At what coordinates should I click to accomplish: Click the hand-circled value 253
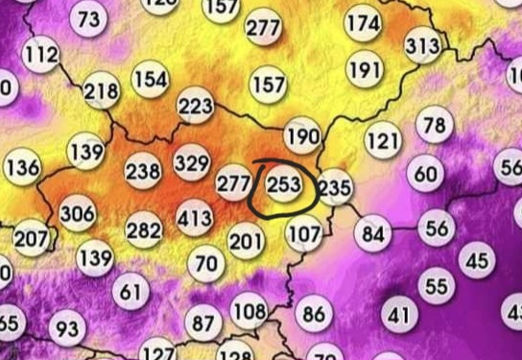click(x=283, y=183)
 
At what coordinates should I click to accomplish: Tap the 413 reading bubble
click(x=195, y=218)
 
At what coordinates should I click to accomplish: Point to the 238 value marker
click(x=143, y=171)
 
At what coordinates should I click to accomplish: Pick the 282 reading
click(x=144, y=230)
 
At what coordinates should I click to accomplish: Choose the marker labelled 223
click(x=196, y=105)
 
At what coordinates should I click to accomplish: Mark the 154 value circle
click(x=150, y=79)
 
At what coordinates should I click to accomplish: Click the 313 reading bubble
click(x=422, y=45)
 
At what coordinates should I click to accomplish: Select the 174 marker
click(x=362, y=22)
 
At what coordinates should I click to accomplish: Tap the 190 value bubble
click(x=302, y=135)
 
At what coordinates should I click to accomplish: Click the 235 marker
click(x=335, y=186)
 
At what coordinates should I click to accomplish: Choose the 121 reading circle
click(x=383, y=141)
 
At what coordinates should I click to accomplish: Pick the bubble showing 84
click(x=373, y=232)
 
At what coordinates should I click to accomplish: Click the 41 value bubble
click(x=398, y=313)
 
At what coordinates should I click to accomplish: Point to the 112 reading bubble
click(x=41, y=55)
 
